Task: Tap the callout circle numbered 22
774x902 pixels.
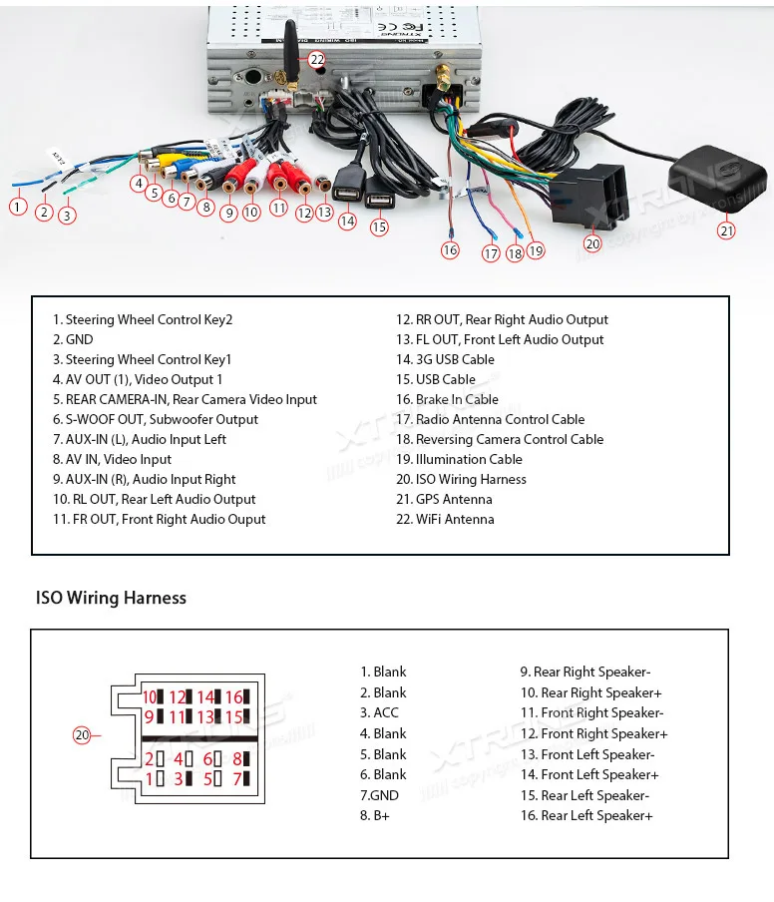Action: (316, 60)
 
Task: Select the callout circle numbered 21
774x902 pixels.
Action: (726, 230)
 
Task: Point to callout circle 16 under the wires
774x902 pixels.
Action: (450, 250)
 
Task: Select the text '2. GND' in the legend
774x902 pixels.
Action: (73, 339)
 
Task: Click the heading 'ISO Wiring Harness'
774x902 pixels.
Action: (111, 598)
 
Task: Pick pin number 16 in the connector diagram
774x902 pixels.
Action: (233, 697)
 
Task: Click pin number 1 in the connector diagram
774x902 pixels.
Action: (150, 778)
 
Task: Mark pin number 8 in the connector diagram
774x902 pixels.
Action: (237, 758)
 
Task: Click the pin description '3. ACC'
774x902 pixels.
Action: (379, 712)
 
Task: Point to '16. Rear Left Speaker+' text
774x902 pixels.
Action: (586, 815)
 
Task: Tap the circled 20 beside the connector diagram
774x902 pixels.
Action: (82, 735)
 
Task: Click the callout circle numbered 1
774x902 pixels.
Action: (17, 208)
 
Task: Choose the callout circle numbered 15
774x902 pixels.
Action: (379, 227)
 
